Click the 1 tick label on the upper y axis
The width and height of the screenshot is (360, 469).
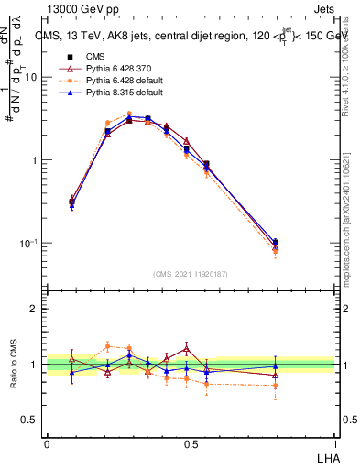[x=38, y=160]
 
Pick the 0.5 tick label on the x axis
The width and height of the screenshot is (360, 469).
[x=191, y=443]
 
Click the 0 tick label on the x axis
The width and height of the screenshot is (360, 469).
[x=47, y=443]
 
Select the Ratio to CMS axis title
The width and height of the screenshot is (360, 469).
[x=15, y=365]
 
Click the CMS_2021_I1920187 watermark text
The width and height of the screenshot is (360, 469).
[x=191, y=274]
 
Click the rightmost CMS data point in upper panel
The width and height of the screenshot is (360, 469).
[x=276, y=242]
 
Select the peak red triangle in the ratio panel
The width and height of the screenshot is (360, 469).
[x=186, y=348]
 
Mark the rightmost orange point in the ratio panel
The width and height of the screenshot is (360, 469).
[x=276, y=386]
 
